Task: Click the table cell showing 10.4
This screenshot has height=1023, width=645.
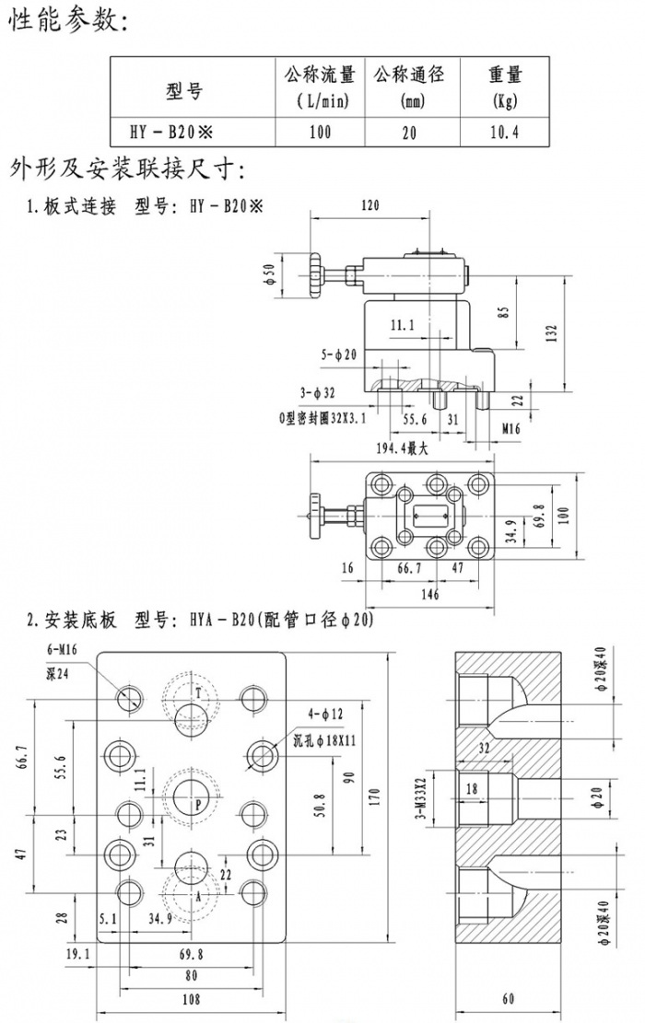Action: (x=504, y=132)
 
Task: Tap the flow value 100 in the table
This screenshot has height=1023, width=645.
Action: (x=320, y=132)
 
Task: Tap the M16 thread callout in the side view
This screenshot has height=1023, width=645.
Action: (x=512, y=428)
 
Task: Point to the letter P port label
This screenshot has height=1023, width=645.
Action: (x=196, y=803)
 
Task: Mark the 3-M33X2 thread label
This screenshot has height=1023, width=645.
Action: (x=423, y=798)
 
